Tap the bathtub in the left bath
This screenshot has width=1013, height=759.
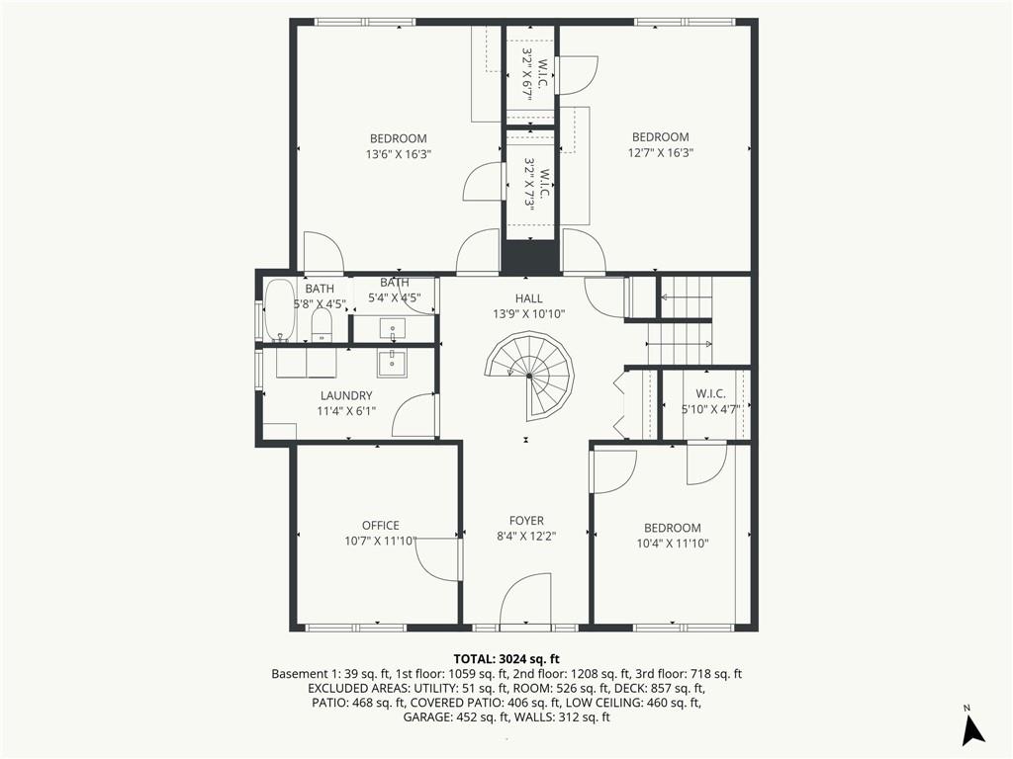pos(278,309)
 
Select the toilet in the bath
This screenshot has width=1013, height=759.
pos(322,325)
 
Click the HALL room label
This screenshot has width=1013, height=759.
pos(528,298)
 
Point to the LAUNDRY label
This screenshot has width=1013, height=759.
pos(346,395)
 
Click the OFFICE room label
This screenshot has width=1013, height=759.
pos(381,526)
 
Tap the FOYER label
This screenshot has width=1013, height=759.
pos(526,520)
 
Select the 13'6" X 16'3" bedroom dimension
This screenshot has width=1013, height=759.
pos(398,154)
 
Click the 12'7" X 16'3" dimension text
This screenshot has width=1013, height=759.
pos(660,153)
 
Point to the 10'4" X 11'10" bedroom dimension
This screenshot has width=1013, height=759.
pos(673,544)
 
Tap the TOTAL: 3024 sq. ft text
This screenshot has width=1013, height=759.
pos(506,659)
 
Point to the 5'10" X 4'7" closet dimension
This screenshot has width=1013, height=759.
pos(710,408)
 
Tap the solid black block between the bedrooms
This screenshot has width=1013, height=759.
pos(530,256)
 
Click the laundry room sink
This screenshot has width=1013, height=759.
pos(392,364)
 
